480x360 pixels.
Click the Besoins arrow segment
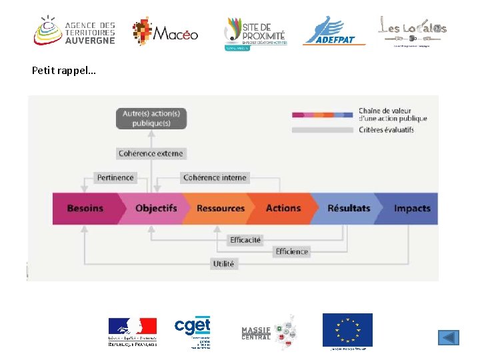[85, 208]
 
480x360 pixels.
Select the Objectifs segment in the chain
[155, 208]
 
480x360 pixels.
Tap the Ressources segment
[220, 208]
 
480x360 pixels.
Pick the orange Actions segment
[283, 208]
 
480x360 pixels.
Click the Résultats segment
[348, 208]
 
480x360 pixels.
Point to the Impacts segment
[411, 208]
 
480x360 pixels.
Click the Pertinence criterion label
[115, 177]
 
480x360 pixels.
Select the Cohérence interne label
[215, 177]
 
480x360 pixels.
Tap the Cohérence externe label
[151, 153]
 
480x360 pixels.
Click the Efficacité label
[245, 239]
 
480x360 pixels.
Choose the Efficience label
[291, 251]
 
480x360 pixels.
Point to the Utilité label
[223, 264]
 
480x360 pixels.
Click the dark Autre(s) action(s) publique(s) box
[151, 118]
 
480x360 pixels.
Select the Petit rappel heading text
[64, 70]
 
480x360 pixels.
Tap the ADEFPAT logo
[334, 31]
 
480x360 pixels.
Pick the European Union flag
[347, 330]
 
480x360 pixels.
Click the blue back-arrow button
[449, 337]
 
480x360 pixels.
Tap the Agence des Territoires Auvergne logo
[75, 31]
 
